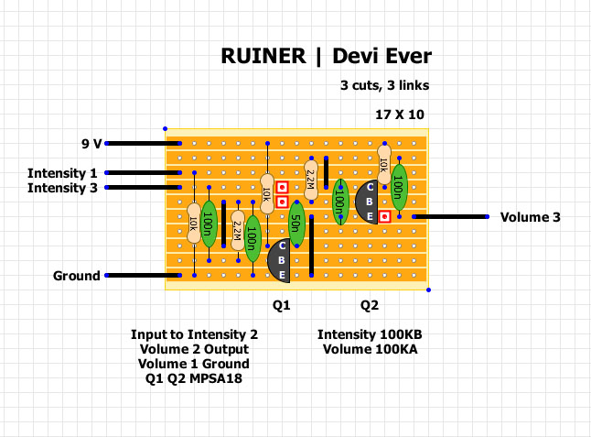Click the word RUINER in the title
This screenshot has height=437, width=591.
tap(263, 56)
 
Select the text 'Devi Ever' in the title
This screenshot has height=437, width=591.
tap(382, 56)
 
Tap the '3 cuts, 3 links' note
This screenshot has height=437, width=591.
tap(384, 86)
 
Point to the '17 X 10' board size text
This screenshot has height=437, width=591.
tap(400, 115)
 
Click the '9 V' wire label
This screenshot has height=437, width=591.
tap(91, 144)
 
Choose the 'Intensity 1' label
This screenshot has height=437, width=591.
tap(62, 173)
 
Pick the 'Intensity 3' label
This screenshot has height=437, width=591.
tap(62, 188)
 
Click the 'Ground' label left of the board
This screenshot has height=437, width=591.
tap(76, 276)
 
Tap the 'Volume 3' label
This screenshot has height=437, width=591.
tap(530, 217)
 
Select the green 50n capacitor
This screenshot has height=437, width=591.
tap(296, 222)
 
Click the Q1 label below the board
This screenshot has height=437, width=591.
tap(282, 304)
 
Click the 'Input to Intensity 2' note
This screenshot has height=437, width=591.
tap(194, 334)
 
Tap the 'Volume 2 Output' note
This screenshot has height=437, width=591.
tap(194, 349)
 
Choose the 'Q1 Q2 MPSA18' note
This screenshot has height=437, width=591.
tap(194, 378)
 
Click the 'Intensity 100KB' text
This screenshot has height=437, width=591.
tap(370, 334)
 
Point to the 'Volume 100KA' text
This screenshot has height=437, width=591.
tap(370, 349)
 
